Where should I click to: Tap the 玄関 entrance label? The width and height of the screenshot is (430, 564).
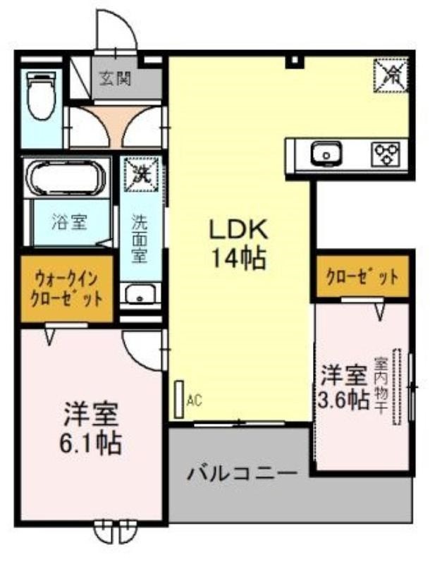tap(115, 78)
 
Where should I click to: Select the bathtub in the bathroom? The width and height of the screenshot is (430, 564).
tap(66, 178)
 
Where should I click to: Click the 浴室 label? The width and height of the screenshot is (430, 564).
tap(69, 222)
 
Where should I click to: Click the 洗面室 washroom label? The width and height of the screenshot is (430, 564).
tap(139, 238)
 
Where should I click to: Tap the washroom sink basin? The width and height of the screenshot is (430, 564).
tap(140, 294)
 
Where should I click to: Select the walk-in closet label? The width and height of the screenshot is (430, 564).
tap(66, 288)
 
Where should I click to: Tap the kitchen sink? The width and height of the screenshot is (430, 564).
tap(326, 153)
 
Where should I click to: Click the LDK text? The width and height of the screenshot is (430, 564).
tap(239, 229)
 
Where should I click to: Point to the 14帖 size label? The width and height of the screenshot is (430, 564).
tap(239, 259)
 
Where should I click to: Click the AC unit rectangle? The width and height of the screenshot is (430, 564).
tap(178, 399)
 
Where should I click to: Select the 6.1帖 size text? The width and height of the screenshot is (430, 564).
tap(90, 444)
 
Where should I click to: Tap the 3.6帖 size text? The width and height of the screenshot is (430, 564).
tap(344, 398)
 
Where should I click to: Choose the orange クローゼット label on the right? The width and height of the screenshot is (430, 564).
tap(362, 277)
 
